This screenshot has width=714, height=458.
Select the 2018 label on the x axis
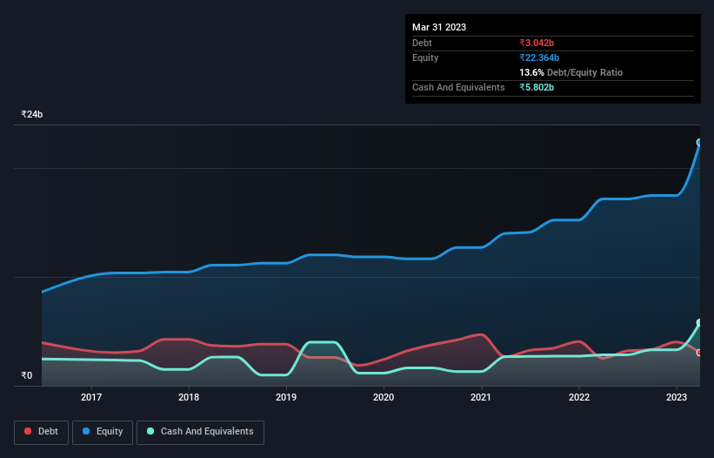tap(189, 397)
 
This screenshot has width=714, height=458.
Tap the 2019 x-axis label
tap(286, 397)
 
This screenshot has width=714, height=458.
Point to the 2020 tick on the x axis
tap(384, 397)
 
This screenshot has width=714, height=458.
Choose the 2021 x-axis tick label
tap(481, 397)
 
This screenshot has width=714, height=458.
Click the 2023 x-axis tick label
tap(677, 397)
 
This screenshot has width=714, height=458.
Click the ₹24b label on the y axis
tap(32, 115)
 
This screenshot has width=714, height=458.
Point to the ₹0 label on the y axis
tap(27, 376)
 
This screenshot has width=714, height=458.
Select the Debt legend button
tap(41, 432)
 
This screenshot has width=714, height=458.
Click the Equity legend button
tap(103, 432)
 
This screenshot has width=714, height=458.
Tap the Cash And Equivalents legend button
tap(200, 432)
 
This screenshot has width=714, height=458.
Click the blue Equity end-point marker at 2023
tap(699, 142)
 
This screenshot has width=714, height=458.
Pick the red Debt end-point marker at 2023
tap(699, 353)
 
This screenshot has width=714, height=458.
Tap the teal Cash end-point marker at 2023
tap(699, 323)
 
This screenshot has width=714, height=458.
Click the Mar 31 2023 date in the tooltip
tap(439, 27)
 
